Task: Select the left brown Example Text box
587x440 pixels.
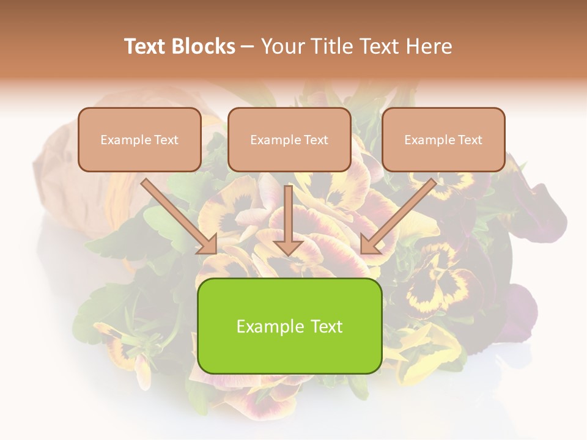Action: [x=139, y=139]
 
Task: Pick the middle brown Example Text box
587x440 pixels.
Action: [x=289, y=139]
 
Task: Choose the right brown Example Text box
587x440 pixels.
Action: [x=443, y=139]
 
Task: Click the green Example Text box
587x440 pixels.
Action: [x=289, y=326]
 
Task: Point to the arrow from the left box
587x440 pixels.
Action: [x=177, y=215]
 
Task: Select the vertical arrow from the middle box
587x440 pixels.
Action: [x=289, y=217]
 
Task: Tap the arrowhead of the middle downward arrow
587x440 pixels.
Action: [x=289, y=247]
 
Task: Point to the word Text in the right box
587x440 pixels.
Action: [x=470, y=140]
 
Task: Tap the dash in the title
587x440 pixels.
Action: [x=248, y=47]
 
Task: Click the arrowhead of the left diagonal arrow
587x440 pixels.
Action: [x=208, y=245]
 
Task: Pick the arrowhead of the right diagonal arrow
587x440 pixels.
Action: [x=369, y=245]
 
